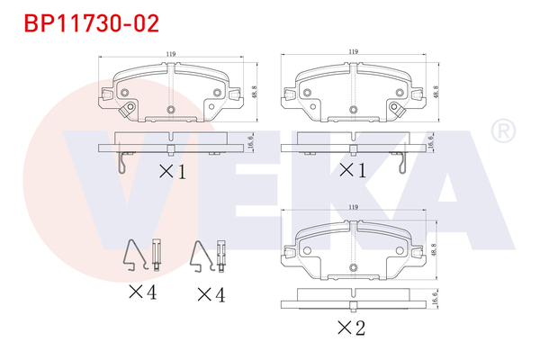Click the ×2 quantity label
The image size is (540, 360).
pyautogui.click(x=350, y=328)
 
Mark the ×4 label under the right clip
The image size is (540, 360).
pyautogui.click(x=210, y=292)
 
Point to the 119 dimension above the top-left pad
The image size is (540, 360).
pyautogui.click(x=170, y=55)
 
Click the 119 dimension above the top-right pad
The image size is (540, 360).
pyautogui.click(x=354, y=52)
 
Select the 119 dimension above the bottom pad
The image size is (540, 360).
pyautogui.click(x=354, y=208)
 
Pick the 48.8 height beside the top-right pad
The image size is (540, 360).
pyautogui.click(x=436, y=92)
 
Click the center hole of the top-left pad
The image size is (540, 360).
pyautogui.click(x=170, y=110)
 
